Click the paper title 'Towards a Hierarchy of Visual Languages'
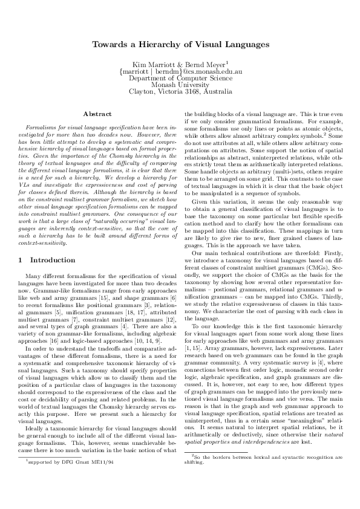(180, 45)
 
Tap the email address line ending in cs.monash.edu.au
(180, 71)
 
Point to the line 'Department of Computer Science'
(180, 78)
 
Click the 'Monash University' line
(180, 85)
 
